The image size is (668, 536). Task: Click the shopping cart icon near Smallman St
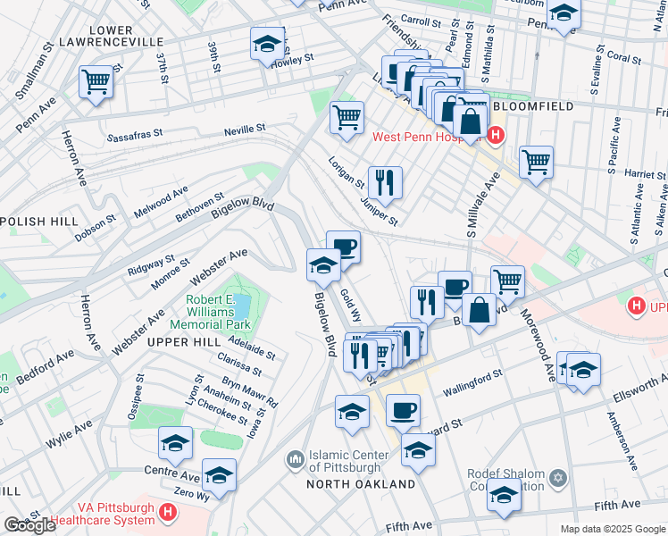pos(96,82)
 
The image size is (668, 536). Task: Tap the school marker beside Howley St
pos(266,44)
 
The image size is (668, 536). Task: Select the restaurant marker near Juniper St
pos(385,182)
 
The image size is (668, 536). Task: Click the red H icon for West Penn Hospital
pos(496,137)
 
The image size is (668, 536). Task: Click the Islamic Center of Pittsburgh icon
pos(296,460)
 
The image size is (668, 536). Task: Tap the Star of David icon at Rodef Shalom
pos(558,480)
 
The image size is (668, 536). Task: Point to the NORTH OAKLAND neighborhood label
pos(361,484)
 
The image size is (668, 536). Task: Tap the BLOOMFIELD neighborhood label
pos(530,105)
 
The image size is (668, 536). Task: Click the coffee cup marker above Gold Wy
pos(343,247)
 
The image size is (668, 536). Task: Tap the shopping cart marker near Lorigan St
pos(346,116)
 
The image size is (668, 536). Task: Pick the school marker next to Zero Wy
pos(219,475)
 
